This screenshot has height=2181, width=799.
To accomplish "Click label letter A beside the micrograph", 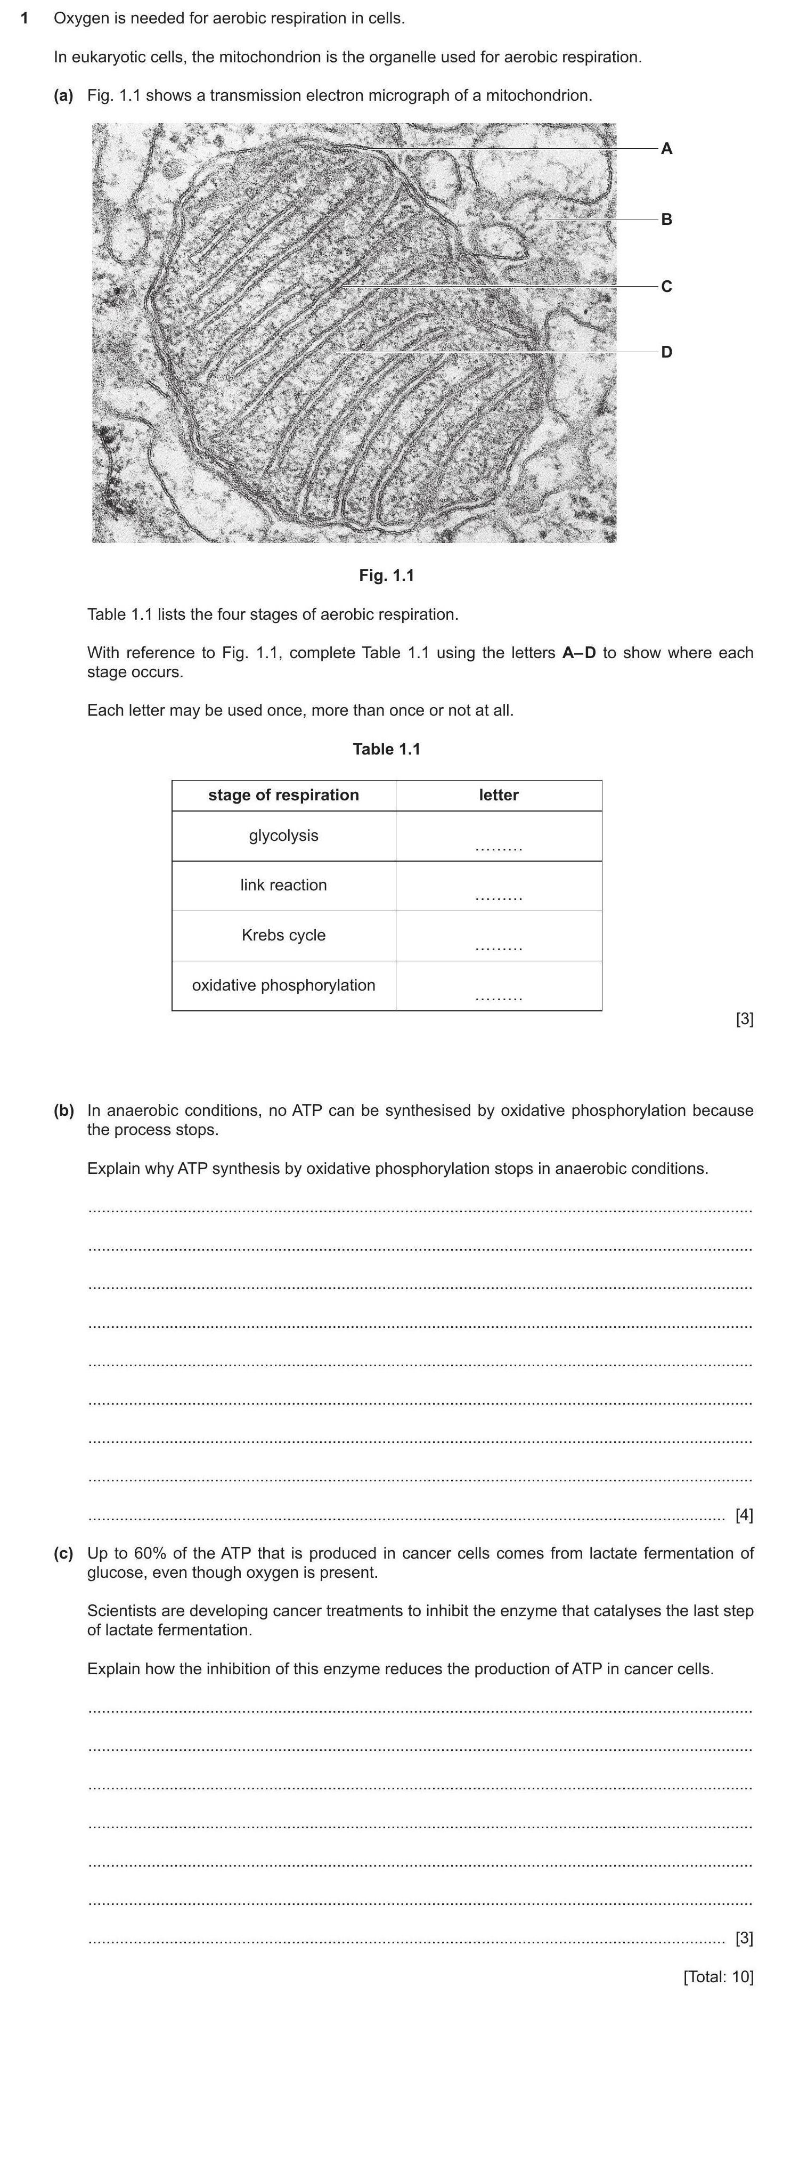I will (666, 149).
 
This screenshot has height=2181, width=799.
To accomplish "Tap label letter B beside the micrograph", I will (666, 220).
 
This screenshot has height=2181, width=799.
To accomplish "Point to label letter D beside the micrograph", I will (666, 352).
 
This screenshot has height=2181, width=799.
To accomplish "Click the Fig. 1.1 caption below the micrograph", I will (386, 575).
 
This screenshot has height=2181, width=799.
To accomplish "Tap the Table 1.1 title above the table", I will (386, 749).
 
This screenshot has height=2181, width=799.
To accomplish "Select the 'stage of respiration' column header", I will (283, 795).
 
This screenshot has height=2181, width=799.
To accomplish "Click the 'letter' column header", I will (499, 795).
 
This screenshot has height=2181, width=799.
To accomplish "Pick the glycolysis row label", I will (283, 836).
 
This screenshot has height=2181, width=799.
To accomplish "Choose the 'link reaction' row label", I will (283, 886).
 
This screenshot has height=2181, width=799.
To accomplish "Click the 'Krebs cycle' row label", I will (283, 936).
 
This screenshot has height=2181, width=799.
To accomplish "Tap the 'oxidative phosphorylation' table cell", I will (283, 985).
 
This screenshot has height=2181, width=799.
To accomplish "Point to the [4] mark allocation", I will (744, 1515).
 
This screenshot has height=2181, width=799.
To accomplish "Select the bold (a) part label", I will (63, 96).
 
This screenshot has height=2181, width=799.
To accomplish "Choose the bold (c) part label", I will (63, 1554).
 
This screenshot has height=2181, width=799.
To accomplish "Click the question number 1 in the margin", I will (25, 18).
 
